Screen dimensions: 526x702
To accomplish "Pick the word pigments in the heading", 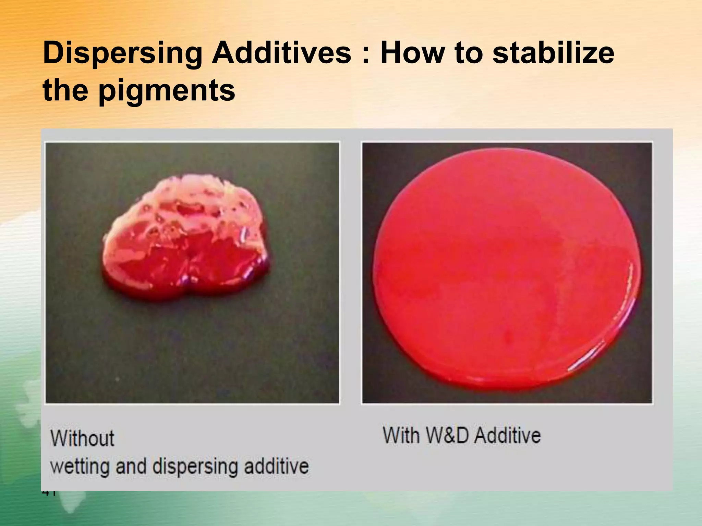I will tap(167, 91).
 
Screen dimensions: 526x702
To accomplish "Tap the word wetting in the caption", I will tap(80, 467).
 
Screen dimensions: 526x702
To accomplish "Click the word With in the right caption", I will tap(401, 435).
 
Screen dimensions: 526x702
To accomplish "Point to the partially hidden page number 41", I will tap(49, 493).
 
